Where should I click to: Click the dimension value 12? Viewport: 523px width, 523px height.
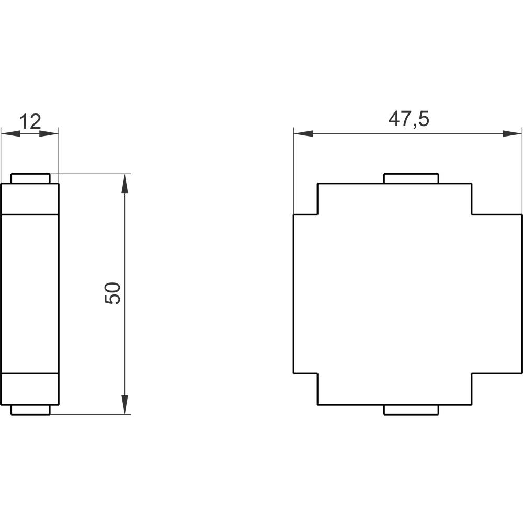pyautogui.click(x=30, y=121)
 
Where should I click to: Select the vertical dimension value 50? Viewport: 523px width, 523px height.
pyautogui.click(x=113, y=293)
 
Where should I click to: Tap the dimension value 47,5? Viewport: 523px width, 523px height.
pyautogui.click(x=408, y=119)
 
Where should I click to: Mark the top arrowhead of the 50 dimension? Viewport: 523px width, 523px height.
pyautogui.click(x=124, y=184)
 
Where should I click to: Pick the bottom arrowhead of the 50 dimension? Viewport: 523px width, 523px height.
pyautogui.click(x=124, y=404)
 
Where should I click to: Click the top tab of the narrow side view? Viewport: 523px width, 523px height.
pyautogui.click(x=30, y=178)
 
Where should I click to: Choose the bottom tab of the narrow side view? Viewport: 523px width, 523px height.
pyautogui.click(x=30, y=410)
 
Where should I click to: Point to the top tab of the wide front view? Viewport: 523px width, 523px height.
pyautogui.click(x=411, y=178)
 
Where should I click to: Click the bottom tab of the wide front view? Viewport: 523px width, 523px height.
pyautogui.click(x=411, y=410)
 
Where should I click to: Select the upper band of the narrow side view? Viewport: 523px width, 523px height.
pyautogui.click(x=30, y=199)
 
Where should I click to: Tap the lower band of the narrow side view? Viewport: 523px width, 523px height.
pyautogui.click(x=30, y=389)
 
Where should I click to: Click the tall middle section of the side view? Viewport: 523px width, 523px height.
pyautogui.click(x=30, y=294)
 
